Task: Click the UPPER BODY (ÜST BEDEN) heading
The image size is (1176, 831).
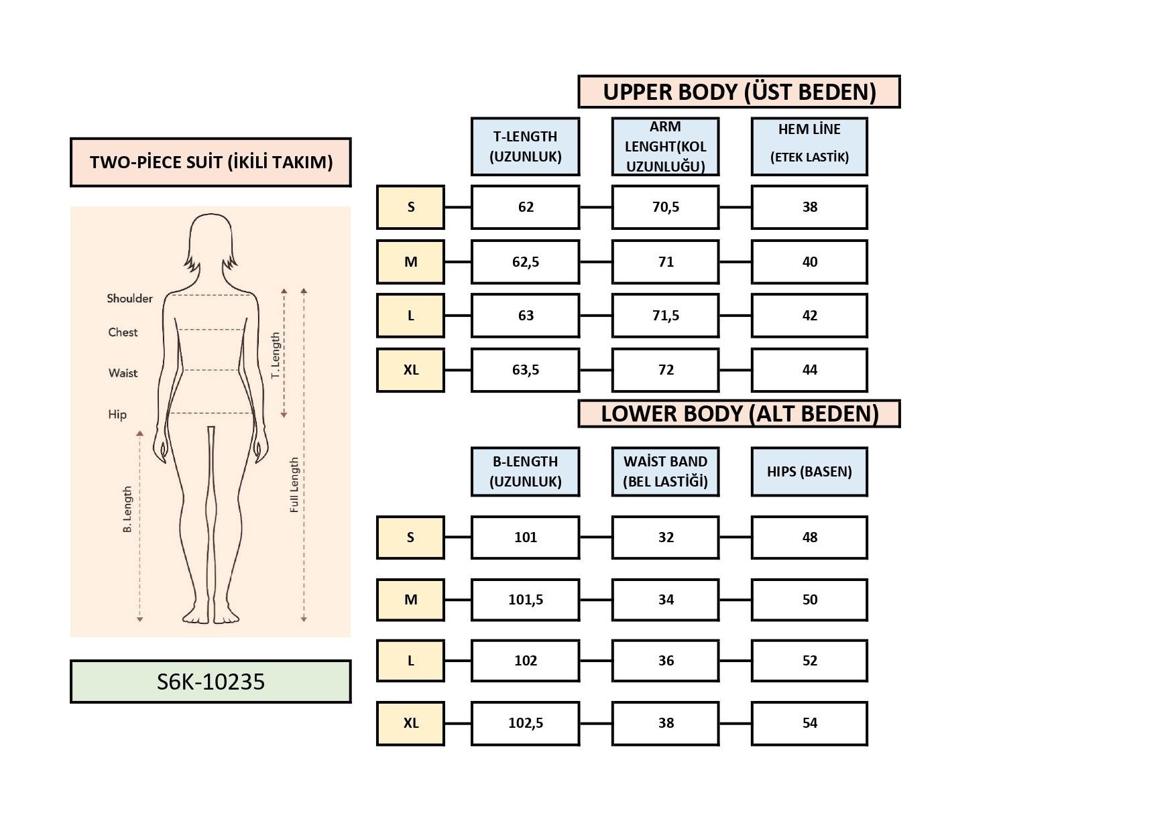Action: (x=739, y=92)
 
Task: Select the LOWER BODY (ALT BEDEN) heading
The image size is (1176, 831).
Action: (x=739, y=413)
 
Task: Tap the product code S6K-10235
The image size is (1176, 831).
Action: (x=211, y=682)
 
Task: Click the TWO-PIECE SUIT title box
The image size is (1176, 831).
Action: (x=211, y=162)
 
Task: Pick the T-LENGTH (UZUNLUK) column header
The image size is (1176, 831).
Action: (x=525, y=147)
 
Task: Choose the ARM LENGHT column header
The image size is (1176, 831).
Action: (x=665, y=147)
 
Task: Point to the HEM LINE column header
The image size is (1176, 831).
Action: (x=809, y=147)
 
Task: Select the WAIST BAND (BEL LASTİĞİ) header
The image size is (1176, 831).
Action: (x=665, y=472)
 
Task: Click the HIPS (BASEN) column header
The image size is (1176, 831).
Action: (x=809, y=472)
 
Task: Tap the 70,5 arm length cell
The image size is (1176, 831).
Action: (x=665, y=207)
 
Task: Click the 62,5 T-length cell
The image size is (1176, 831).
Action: (x=525, y=262)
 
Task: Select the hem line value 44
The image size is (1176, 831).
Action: (x=809, y=370)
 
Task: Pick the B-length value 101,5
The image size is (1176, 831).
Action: (x=525, y=600)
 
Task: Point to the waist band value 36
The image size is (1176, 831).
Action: (x=665, y=661)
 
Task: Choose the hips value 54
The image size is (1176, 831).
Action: (x=809, y=723)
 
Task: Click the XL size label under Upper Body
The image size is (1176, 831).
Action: (x=410, y=370)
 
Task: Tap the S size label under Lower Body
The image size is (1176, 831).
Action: (x=410, y=537)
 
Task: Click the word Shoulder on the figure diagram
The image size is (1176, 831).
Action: (x=129, y=298)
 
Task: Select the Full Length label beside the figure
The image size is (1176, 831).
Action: (x=294, y=485)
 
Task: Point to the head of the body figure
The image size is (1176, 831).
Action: (x=211, y=238)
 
